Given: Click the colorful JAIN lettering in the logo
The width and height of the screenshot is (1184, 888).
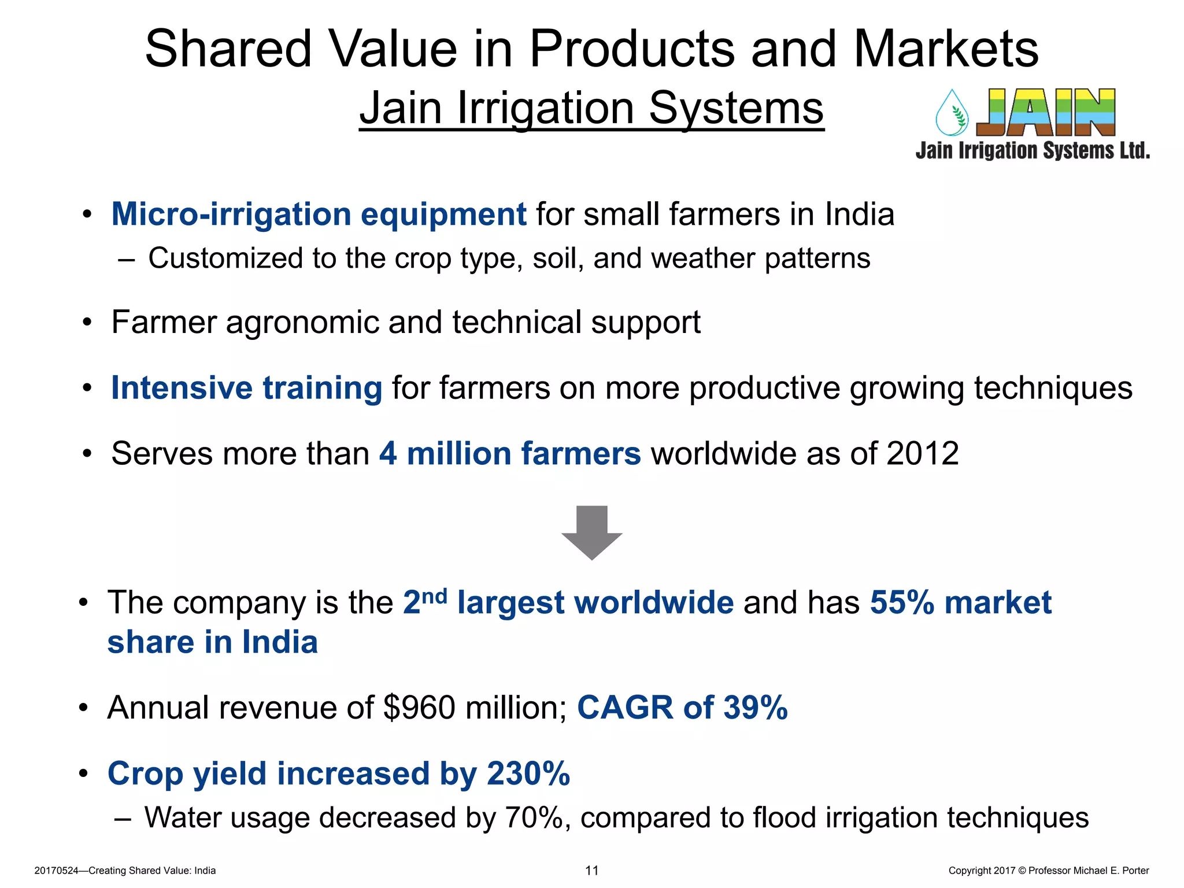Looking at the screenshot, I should pyautogui.click(x=1046, y=112).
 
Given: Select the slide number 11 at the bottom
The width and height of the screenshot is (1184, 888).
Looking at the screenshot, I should pyautogui.click(x=592, y=871).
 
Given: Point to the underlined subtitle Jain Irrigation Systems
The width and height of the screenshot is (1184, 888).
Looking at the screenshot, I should pyautogui.click(x=591, y=108).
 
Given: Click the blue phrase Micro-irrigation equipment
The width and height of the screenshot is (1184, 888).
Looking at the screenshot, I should pyautogui.click(x=319, y=214).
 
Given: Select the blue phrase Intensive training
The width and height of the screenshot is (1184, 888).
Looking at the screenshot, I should pyautogui.click(x=246, y=388).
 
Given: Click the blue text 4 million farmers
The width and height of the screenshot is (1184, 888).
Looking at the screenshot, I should pyautogui.click(x=510, y=453).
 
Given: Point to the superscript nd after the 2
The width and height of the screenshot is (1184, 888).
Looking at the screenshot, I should pyautogui.click(x=434, y=595).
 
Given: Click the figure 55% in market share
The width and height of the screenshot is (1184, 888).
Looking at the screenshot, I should pyautogui.click(x=902, y=602).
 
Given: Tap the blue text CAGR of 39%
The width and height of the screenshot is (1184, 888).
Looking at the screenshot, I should pyautogui.click(x=682, y=708).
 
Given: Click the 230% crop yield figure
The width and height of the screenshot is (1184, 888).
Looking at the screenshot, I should pyautogui.click(x=528, y=774).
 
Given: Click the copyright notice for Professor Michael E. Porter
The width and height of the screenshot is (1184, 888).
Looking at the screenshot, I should pyautogui.click(x=1048, y=871).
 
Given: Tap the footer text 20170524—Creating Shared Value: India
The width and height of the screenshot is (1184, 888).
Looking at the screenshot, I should pyautogui.click(x=125, y=871).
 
